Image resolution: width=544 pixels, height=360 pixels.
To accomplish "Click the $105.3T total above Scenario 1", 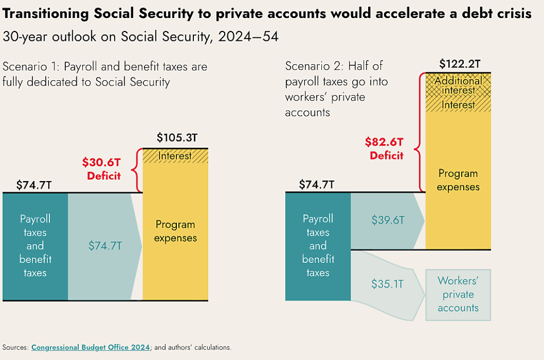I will (176, 138).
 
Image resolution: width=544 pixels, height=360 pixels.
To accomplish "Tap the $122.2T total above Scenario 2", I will (460, 64).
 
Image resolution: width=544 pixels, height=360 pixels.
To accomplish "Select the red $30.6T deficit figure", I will (101, 162).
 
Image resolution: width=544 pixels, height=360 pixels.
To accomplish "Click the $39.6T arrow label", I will (388, 220).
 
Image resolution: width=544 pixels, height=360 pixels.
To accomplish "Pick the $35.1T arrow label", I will (388, 284).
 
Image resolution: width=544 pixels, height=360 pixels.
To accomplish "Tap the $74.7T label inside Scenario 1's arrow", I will (105, 246).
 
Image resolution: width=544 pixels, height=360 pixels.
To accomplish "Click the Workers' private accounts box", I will (458, 295).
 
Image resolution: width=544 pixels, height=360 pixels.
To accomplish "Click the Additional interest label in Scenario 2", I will (458, 85).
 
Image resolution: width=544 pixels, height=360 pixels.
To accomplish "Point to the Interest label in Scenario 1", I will (175, 156).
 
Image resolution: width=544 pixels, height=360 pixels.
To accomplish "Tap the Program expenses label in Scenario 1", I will (175, 232).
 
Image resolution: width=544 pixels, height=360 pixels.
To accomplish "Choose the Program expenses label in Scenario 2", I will (458, 180).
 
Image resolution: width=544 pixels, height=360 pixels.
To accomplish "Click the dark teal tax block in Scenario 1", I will (35, 246).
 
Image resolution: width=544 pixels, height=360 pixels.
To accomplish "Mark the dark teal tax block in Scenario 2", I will (318, 246).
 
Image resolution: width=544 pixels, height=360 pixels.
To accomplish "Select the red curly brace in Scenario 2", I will (420, 132).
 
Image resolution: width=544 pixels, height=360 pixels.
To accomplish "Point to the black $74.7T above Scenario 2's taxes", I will (317, 185).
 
